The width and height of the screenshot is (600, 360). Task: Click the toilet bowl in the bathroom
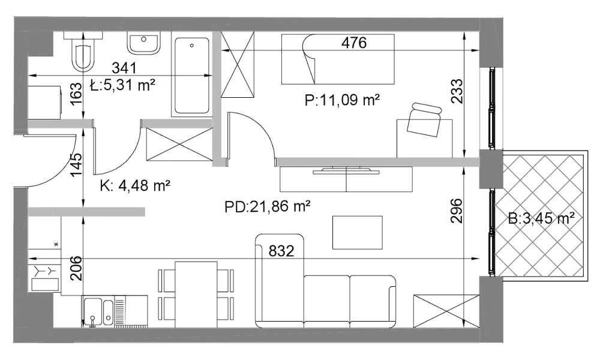point(83,58)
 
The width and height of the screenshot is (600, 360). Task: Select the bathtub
point(192,77)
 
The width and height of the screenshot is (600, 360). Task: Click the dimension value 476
point(354,43)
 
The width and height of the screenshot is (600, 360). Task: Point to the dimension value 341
point(124,68)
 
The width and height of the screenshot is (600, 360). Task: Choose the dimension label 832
point(281,251)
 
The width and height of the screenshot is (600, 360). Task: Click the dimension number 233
point(457,91)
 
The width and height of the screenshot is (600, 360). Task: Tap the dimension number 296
point(457,211)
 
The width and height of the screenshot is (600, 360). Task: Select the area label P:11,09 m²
point(342,100)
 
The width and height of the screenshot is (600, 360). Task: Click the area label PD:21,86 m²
point(267,207)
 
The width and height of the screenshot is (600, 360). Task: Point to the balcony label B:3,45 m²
point(541,219)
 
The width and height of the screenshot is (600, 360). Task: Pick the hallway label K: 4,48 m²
point(135,186)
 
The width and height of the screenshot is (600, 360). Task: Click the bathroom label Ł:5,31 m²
point(122,85)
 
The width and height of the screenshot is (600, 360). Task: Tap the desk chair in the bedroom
point(424,119)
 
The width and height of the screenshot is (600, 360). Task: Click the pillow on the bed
point(308,59)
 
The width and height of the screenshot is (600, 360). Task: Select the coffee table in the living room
point(358,233)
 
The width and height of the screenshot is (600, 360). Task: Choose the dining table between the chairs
point(196,295)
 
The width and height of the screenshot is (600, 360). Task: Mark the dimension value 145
point(77,165)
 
